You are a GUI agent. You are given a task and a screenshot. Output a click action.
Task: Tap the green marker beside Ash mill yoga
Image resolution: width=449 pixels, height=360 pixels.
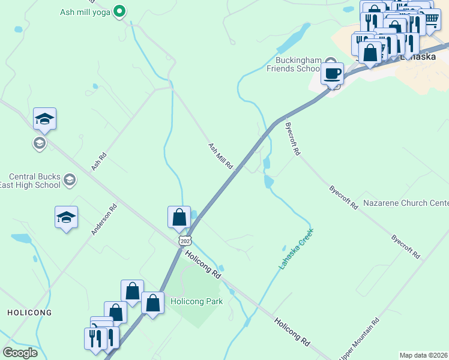coord(119,11)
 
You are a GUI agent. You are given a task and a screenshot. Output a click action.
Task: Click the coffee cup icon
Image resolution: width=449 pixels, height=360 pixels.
coord(332,74)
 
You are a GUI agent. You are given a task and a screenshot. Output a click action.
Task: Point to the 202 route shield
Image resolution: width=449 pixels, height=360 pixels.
coord(184,240)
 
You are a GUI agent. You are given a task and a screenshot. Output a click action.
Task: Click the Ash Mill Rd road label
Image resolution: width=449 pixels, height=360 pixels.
coord(220,155)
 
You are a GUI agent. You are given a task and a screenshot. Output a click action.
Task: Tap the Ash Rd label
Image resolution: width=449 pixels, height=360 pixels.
coord(99,162)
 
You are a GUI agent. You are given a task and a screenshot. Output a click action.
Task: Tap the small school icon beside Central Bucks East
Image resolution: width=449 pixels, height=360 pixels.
coord(70,179)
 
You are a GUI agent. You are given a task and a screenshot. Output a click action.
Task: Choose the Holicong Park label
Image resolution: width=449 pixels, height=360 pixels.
coord(197,301)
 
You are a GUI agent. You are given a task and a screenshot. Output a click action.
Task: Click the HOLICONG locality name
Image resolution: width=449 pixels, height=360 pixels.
coord(29,313)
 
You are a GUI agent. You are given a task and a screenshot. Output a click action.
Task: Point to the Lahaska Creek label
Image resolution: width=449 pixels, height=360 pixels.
coord(296,248)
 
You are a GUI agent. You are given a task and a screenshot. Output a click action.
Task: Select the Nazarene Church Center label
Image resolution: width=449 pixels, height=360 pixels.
coord(406,203)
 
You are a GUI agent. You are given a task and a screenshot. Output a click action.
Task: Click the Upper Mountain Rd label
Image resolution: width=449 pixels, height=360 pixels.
coord(360,340)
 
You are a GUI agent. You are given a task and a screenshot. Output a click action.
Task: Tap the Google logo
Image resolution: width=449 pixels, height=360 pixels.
coord(20,353)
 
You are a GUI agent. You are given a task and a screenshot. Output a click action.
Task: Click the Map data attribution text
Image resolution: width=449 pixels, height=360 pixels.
coord(424,355)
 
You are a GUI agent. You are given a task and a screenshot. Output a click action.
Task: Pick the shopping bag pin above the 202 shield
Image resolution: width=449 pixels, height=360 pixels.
coord(179,217)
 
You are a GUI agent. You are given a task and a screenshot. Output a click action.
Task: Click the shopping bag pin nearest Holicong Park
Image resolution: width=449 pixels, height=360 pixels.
coord(153,303)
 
